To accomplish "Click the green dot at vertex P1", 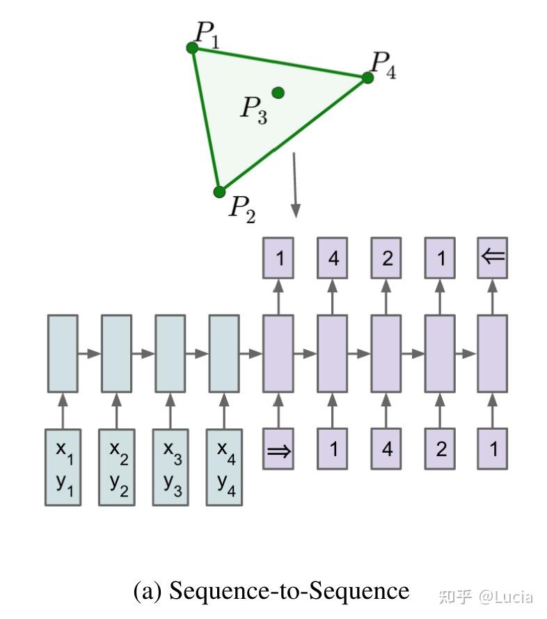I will click(x=193, y=47).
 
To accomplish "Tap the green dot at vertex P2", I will click(x=219, y=192).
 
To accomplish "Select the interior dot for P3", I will click(x=278, y=92).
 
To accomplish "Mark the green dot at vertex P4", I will click(x=368, y=77).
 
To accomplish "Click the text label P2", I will click(x=242, y=208).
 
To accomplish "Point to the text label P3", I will click(x=253, y=109).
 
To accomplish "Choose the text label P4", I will click(x=383, y=65).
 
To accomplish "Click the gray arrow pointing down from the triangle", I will click(x=296, y=184).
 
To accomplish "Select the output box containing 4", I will click(x=333, y=258).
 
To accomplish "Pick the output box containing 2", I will click(x=387, y=258).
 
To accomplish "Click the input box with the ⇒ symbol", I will click(x=279, y=449).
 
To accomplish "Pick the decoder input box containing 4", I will click(x=387, y=449).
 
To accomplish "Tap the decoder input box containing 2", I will click(x=441, y=449).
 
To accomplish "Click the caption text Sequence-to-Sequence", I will click(x=271, y=590).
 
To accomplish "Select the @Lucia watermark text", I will click(x=506, y=596).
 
